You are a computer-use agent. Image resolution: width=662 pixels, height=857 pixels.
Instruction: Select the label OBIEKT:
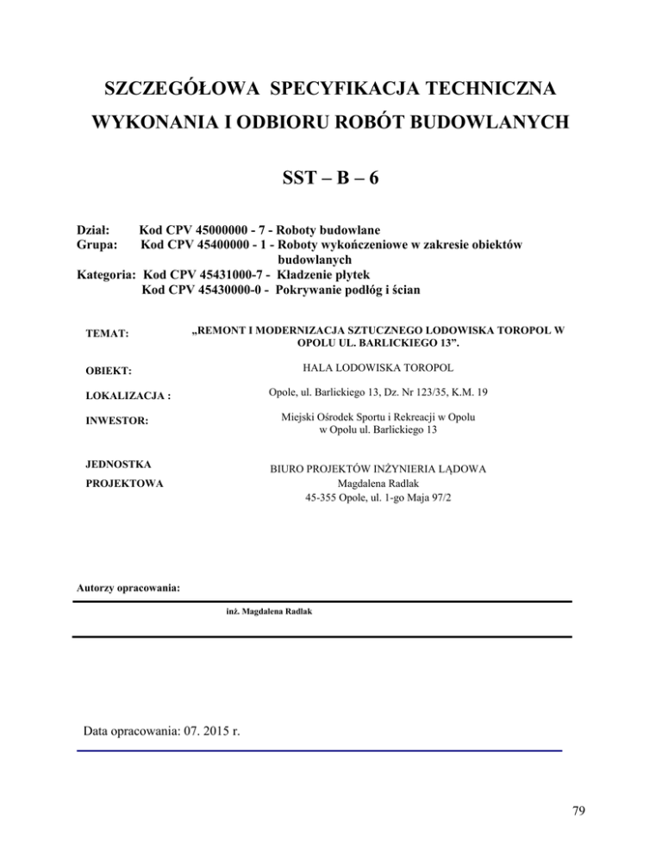pos(108,371)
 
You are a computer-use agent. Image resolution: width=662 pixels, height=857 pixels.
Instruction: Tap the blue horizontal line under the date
pos(319,751)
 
